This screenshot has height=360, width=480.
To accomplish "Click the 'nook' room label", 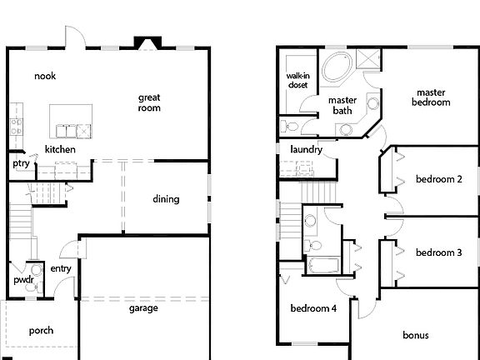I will [44, 76].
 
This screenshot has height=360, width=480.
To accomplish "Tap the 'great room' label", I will [149, 102].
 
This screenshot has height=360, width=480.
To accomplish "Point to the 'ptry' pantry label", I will [21, 163].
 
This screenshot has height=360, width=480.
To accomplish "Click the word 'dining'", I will [166, 199].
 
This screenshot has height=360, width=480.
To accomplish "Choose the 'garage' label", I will [143, 307].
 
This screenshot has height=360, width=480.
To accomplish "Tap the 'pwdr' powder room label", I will [22, 281].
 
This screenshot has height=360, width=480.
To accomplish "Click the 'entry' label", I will [61, 268].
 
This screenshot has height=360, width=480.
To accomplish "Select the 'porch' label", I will [42, 331].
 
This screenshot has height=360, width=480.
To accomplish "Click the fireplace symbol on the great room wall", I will [149, 43].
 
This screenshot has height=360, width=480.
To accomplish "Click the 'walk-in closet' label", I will [298, 80].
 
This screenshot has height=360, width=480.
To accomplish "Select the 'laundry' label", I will [306, 150].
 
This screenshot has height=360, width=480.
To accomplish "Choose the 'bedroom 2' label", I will [438, 179].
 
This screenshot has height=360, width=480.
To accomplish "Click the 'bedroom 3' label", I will [438, 252].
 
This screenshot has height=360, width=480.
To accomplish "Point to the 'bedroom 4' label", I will [312, 308].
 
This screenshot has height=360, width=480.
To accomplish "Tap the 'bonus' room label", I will [415, 336].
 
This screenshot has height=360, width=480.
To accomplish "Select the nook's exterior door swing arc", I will [73, 37].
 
